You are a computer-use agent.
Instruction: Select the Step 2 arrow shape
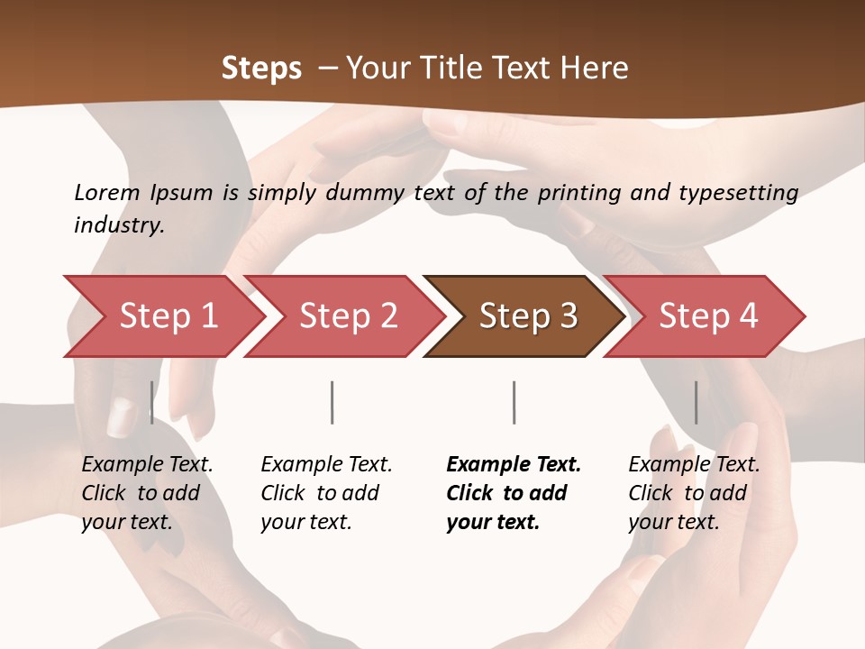click(348, 316)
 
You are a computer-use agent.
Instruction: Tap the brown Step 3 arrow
click(527, 316)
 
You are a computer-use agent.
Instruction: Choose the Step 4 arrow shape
click(707, 316)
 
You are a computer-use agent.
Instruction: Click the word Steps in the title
click(261, 69)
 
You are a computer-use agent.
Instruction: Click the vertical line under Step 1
click(151, 402)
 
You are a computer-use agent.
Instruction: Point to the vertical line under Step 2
click(332, 402)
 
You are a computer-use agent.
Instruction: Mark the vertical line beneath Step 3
click(514, 402)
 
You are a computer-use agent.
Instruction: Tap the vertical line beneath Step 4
click(696, 402)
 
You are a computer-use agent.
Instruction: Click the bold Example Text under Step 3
click(514, 465)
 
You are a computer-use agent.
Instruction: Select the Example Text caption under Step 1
click(147, 465)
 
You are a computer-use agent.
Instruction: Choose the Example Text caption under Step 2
click(326, 465)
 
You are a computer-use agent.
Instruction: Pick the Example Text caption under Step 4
click(694, 465)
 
